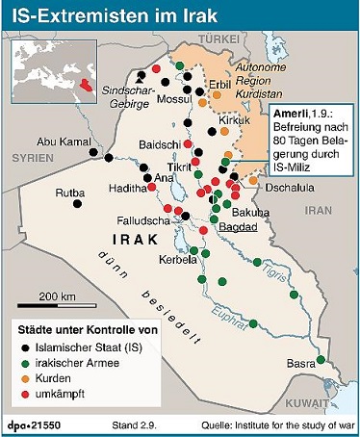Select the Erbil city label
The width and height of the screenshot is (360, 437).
[219, 85]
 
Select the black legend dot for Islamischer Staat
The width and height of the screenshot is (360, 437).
[23, 347]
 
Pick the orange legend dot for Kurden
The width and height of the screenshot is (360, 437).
[23, 378]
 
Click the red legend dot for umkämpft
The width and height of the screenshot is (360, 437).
[23, 394]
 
